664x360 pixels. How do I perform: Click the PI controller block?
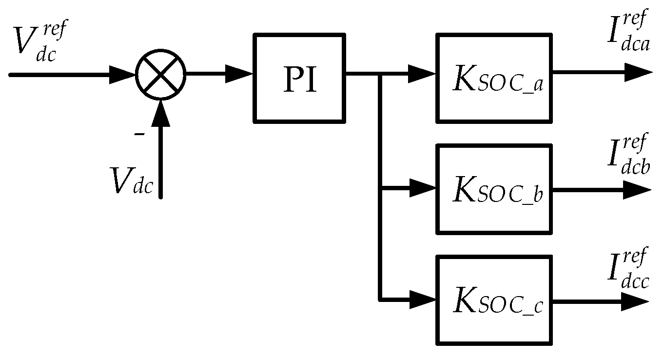tap(299, 78)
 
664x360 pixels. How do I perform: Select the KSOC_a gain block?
tap(494, 78)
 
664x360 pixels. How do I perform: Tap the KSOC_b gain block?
tap(494, 189)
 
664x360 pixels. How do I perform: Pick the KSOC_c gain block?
tap(494, 300)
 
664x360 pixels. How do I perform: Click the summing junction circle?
tap(160, 75)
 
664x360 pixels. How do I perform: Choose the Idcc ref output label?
tap(628, 268)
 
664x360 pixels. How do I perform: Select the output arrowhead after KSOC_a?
tap(639, 74)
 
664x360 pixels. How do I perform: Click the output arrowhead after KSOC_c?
tap(636, 302)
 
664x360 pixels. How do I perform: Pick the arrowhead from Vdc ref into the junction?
tap(123, 75)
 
